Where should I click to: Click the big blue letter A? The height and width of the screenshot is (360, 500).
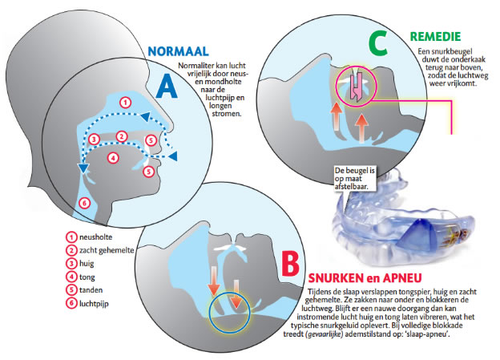[x=167, y=86]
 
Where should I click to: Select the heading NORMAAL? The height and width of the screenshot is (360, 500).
[x=178, y=51]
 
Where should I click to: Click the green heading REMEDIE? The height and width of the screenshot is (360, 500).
[x=435, y=37]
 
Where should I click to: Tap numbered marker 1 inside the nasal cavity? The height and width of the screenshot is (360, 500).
[x=126, y=103]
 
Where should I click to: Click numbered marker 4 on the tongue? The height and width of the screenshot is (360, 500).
[x=113, y=157]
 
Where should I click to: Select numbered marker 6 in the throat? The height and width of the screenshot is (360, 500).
[x=84, y=203]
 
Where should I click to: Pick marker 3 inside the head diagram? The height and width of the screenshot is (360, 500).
[x=94, y=140]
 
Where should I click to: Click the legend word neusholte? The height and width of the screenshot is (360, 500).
[x=95, y=237]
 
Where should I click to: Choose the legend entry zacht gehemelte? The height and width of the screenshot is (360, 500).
[x=107, y=250]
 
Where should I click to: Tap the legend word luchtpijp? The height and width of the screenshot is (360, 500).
[x=94, y=304]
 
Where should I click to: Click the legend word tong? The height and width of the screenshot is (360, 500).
[x=87, y=277]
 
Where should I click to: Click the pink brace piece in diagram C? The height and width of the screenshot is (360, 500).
[x=357, y=85]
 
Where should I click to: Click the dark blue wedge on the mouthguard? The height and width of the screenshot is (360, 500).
[x=416, y=236]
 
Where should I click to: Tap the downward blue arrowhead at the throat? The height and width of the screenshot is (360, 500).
[x=83, y=168]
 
